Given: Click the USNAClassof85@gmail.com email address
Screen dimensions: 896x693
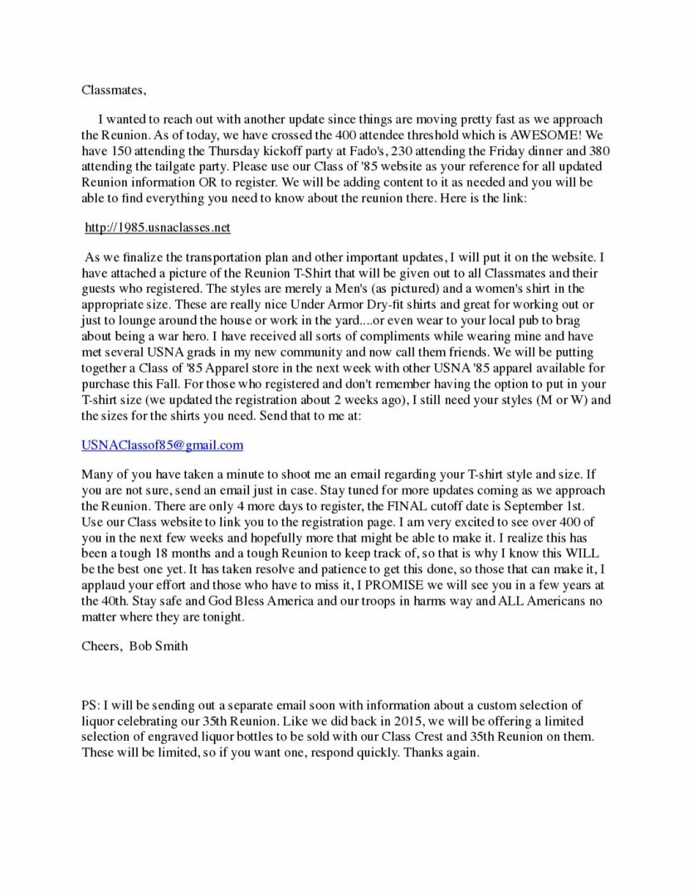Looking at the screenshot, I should coord(163,446).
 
